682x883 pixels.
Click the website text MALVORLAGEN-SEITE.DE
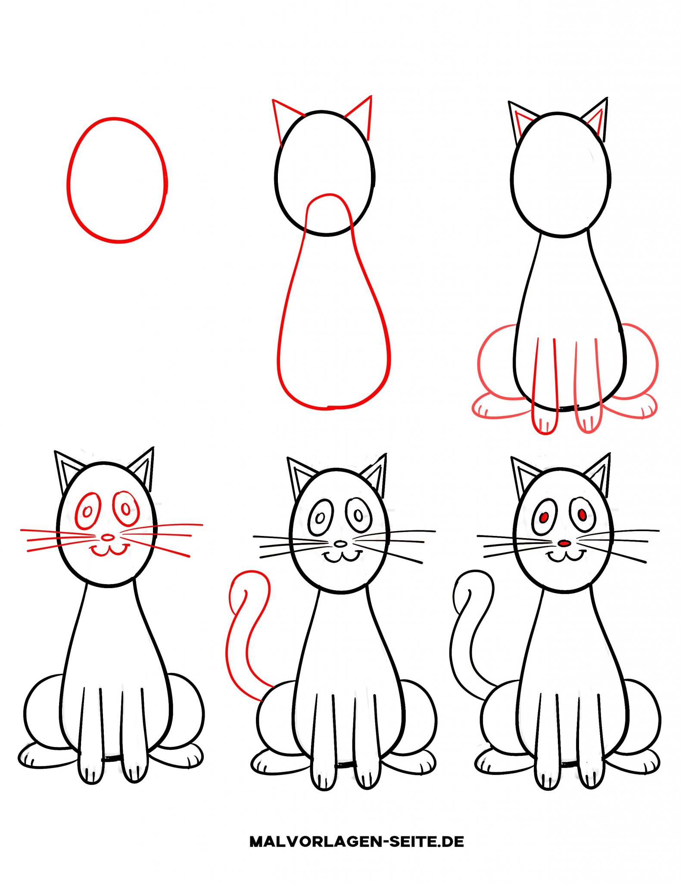coord(357,841)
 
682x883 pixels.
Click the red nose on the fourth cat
coord(108,537)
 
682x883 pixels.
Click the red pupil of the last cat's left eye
coord(544,516)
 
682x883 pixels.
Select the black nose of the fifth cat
coord(341,544)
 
